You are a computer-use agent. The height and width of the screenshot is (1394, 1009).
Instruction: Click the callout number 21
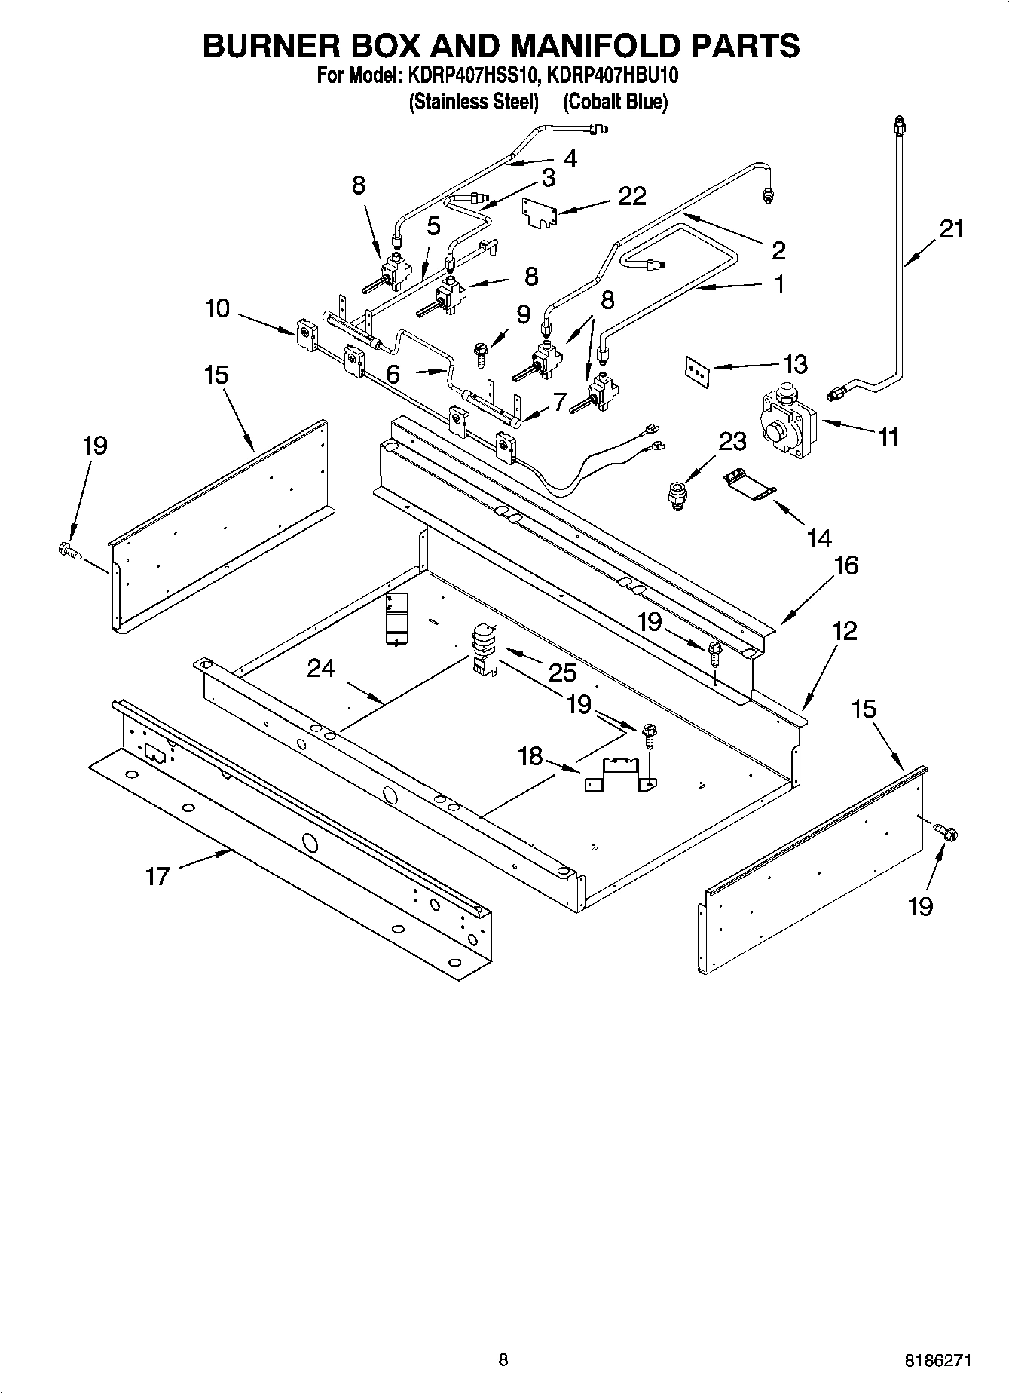[951, 228]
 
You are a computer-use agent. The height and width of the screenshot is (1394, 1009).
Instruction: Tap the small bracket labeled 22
[540, 211]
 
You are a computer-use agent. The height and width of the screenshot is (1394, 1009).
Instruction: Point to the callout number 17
[157, 875]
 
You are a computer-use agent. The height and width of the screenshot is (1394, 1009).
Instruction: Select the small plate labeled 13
[698, 371]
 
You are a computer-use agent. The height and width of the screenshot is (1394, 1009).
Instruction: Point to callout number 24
[321, 668]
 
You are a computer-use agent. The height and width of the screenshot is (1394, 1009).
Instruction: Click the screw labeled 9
[481, 352]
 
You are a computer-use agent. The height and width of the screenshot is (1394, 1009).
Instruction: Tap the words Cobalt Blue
[615, 102]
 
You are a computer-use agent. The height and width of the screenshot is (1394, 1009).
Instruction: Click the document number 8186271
[937, 1361]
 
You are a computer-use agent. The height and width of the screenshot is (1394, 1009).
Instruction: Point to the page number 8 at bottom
[503, 1360]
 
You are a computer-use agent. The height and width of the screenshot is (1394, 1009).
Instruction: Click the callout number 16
[845, 565]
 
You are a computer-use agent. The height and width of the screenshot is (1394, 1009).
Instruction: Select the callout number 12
[844, 630]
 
